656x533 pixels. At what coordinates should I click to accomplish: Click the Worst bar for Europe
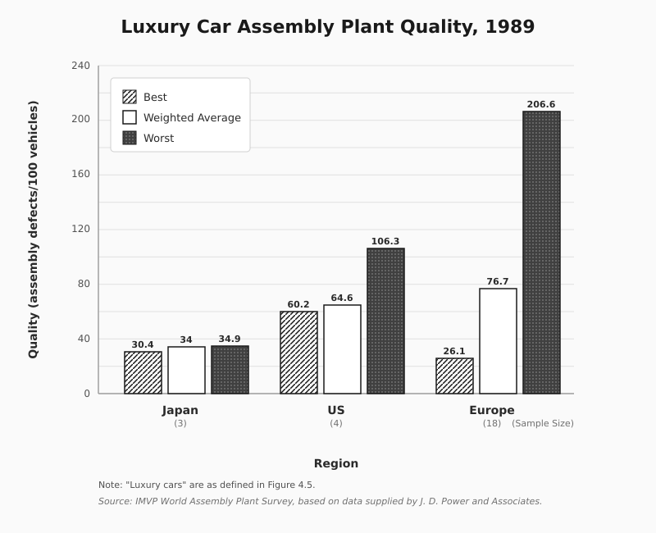click(x=541, y=253)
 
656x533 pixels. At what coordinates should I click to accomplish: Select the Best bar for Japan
click(x=143, y=372)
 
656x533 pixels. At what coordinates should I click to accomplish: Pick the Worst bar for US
click(x=385, y=321)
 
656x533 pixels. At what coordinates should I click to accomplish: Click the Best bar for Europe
click(x=454, y=376)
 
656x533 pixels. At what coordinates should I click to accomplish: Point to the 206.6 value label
click(x=541, y=104)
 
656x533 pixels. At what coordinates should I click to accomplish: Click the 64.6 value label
click(x=342, y=298)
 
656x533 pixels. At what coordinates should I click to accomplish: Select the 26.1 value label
click(x=454, y=351)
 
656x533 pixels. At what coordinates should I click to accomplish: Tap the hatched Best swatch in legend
click(x=130, y=97)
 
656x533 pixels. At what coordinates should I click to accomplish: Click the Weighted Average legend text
click(x=192, y=117)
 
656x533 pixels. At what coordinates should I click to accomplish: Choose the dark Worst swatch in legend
click(x=130, y=138)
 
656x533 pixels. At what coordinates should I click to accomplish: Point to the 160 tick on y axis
click(x=80, y=174)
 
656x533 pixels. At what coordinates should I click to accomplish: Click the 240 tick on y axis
click(x=80, y=65)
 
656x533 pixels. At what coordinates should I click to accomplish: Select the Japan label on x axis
click(x=180, y=410)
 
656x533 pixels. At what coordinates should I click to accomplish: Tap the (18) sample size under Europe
click(x=492, y=423)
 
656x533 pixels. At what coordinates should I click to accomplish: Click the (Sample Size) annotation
click(x=543, y=423)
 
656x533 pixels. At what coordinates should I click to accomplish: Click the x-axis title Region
click(x=336, y=463)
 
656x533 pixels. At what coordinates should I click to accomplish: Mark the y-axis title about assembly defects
click(x=33, y=230)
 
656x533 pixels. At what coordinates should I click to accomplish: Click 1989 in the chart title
click(x=509, y=26)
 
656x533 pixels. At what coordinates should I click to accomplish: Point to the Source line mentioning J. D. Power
click(x=320, y=501)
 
